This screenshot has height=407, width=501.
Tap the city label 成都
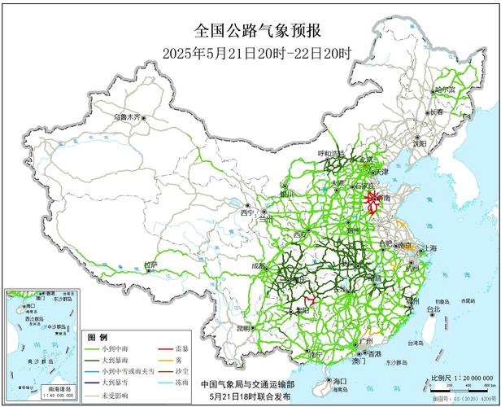[259, 265]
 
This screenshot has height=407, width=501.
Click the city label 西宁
[247, 213]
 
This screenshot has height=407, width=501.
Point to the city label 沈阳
[420, 143]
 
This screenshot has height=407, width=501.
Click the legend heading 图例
[98, 337]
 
